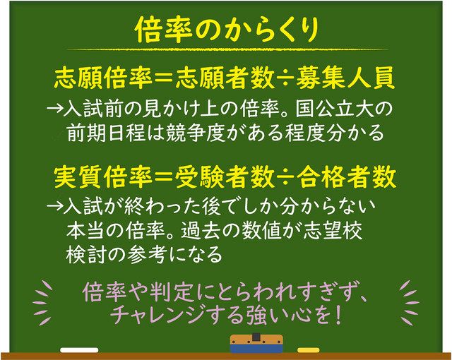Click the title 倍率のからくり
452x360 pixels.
227,30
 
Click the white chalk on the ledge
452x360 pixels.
79,349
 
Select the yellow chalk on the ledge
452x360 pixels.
308,349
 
